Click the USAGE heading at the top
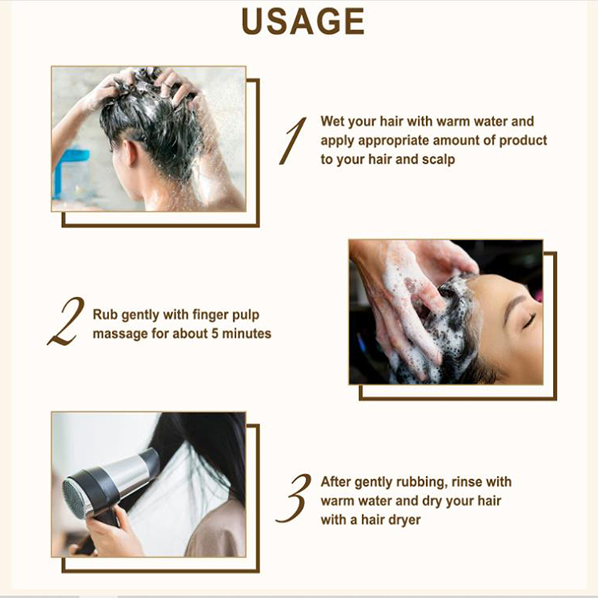point(303,22)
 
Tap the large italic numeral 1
point(293,141)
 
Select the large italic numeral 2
point(67,321)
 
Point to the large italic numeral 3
point(293,498)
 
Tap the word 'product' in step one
point(523,141)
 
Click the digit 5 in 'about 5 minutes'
point(215,333)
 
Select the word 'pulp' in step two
point(245,315)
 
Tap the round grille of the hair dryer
point(75,499)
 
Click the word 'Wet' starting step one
point(333,121)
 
